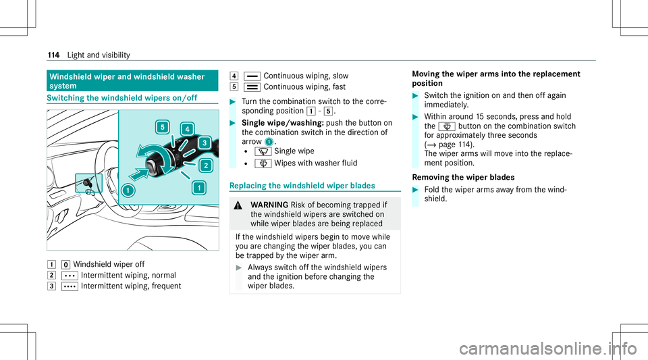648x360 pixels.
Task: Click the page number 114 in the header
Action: pos(53,55)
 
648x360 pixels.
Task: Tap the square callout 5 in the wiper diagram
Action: pos(163,127)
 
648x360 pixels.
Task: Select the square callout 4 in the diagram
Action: pos(187,130)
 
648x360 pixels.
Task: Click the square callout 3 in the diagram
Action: pos(204,143)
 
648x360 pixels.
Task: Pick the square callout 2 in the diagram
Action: pos(205,165)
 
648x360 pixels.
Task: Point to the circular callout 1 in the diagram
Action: pos(128,190)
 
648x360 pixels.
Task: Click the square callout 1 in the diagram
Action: pos(198,188)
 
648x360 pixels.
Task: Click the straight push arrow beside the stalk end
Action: pos(138,173)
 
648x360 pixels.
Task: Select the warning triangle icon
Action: pos(238,205)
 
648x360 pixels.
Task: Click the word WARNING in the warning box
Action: pos(269,205)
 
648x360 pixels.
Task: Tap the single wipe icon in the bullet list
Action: pos(263,152)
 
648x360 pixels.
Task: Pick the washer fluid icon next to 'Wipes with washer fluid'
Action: pos(263,163)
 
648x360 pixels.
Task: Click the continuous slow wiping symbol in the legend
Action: pos(252,76)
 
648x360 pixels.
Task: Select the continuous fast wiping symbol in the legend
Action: pos(252,87)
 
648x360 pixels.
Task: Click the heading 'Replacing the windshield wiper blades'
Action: pos(302,186)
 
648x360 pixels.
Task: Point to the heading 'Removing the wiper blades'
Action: pos(463,178)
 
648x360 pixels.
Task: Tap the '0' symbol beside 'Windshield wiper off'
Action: pos(65,265)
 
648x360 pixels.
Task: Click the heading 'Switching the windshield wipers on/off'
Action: pos(122,98)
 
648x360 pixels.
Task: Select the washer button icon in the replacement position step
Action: pos(447,126)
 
